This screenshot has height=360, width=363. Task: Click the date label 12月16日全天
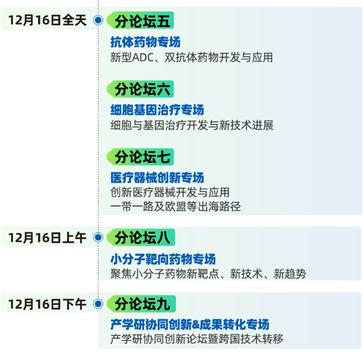pos(48,20)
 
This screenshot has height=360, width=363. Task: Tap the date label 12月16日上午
pos(48,238)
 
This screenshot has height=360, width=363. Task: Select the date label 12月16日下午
pos(48,304)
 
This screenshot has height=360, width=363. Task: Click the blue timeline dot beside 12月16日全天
pos(98,20)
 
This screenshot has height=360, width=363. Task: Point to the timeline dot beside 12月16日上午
pos(98,237)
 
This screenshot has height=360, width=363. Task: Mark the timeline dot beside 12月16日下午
pos(98,304)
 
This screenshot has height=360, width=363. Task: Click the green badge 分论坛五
pos(141,21)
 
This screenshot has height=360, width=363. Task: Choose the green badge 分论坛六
pos(141,89)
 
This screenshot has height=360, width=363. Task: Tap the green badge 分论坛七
pos(141,157)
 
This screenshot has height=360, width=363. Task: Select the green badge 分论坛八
pos(141,237)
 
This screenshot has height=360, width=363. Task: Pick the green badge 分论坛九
pos(141,304)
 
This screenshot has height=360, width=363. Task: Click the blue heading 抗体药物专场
pos(145,42)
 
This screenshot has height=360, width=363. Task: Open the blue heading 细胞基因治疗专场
pos(157,110)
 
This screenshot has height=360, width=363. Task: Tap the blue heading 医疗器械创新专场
pos(157,178)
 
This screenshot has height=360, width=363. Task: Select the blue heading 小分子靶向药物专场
pos(163,259)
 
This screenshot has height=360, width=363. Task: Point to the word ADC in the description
pos(143,58)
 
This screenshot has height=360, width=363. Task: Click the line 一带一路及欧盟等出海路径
pos(176,207)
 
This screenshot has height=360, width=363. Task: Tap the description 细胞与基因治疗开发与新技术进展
pos(192,125)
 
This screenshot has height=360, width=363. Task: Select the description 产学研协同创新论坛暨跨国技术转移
pos(197,339)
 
